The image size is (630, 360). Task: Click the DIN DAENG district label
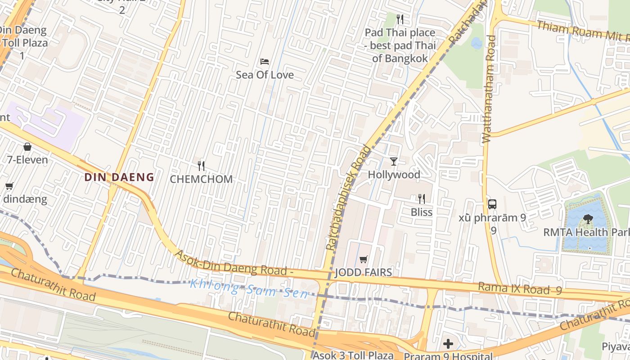119,177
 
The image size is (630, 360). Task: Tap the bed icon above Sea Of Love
265,61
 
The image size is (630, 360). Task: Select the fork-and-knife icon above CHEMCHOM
201,166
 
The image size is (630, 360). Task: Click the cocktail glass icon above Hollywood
394,161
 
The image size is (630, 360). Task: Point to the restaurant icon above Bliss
422,198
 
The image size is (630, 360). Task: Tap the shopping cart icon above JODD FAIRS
364,259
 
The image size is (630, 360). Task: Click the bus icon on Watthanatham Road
492,204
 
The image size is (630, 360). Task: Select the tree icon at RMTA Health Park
588,219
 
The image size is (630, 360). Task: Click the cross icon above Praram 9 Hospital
448,344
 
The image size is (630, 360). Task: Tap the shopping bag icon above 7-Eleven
27,147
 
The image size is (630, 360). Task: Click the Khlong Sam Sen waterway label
249,288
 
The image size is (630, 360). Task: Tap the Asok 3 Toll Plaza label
353,355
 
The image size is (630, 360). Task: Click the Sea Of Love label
265,75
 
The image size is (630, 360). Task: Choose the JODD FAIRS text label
364,272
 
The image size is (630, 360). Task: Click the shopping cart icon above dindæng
9,186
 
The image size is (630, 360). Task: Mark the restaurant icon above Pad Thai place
400,19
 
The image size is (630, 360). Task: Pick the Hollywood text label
394,175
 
